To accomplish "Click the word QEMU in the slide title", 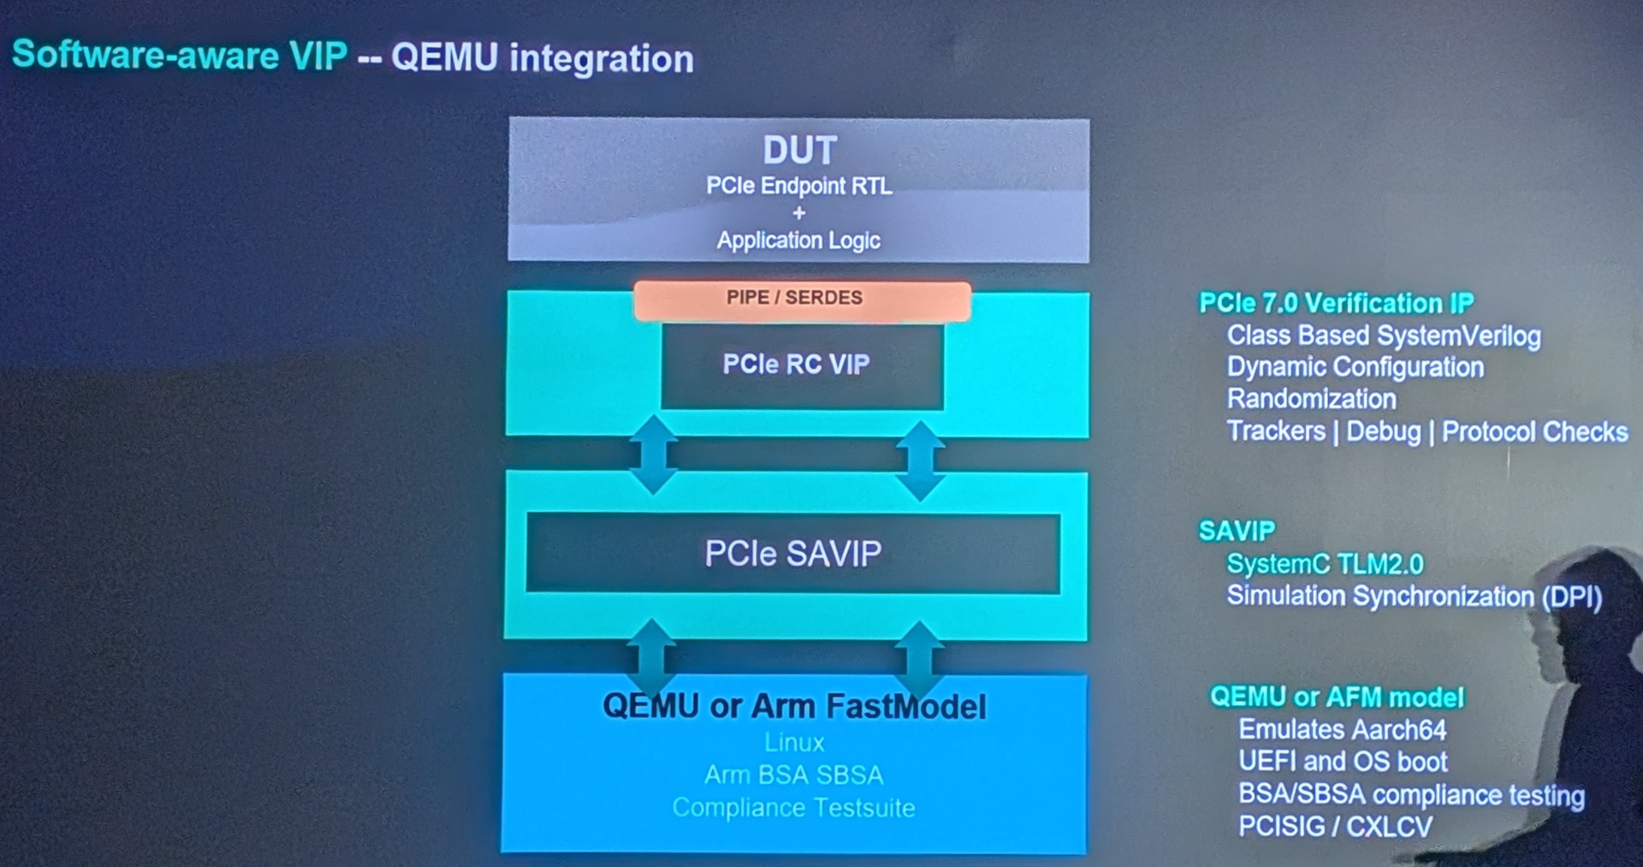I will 444,58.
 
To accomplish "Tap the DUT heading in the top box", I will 799,151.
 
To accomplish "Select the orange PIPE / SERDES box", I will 802,300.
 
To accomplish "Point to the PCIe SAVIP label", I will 792,554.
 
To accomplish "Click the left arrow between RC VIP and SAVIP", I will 654,454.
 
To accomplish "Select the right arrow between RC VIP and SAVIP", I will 920,460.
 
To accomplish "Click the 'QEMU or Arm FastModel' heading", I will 794,707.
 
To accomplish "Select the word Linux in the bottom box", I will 794,743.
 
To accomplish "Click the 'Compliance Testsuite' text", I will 793,808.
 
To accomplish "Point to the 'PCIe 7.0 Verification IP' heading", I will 1336,303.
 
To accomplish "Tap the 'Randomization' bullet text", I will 1311,399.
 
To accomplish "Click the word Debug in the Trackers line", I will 1383,431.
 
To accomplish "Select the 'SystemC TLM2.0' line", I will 1325,564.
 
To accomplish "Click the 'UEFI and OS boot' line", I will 1343,761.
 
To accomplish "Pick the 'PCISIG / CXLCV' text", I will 1335,827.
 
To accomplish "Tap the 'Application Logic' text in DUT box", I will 798,241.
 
